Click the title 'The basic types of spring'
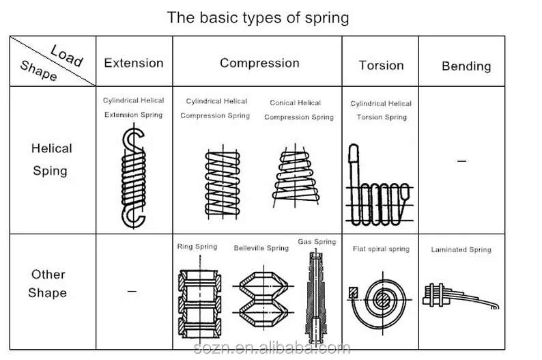point(258,17)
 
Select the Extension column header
point(134,63)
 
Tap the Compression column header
point(259,63)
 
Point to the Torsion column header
point(381,65)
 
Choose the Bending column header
point(466,66)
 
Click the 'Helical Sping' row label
point(51,159)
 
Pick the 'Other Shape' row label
point(48,283)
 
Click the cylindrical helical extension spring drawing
point(133,178)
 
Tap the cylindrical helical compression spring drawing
point(222,182)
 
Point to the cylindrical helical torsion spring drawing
point(379,188)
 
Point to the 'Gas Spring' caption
point(317,242)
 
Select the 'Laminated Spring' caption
point(461,249)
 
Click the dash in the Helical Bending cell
point(461,161)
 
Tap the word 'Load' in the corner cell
point(67,54)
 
